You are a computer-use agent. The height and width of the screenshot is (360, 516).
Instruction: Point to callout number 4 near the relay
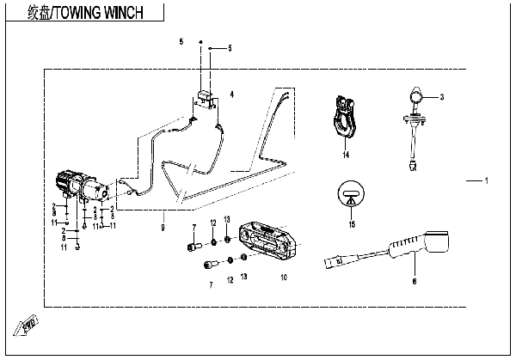pos(230,92)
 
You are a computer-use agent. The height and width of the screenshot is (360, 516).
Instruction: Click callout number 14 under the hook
pos(345,155)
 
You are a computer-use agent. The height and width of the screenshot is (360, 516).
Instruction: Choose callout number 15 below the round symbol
pos(351,225)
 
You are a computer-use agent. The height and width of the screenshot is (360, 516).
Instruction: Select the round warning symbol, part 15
pos(351,195)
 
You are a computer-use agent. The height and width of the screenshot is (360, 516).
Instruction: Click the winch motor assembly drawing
pos(84,186)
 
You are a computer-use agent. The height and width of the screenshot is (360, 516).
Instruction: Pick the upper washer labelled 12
pos(212,242)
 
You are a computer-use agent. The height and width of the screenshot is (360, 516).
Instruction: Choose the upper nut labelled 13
pos(228,239)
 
